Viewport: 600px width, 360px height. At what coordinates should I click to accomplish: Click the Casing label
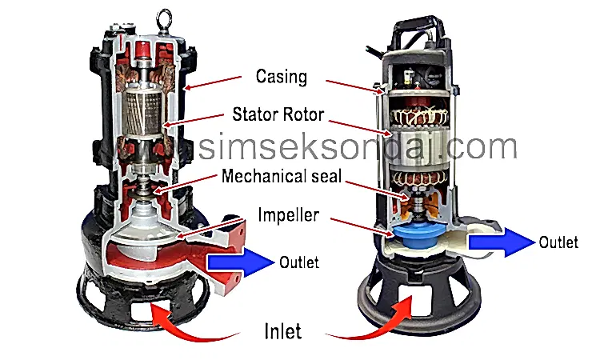pyautogui.click(x=282, y=77)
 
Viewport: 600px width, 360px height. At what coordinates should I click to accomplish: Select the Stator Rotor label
pyautogui.click(x=278, y=114)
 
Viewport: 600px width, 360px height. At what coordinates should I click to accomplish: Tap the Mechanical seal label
pyautogui.click(x=282, y=176)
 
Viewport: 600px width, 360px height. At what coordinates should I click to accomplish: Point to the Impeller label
pyautogui.click(x=289, y=215)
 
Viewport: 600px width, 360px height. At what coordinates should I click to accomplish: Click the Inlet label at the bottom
pyautogui.click(x=282, y=331)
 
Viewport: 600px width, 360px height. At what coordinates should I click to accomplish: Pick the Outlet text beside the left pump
pyautogui.click(x=299, y=262)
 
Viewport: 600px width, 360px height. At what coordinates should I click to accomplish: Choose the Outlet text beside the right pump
pyautogui.click(x=558, y=242)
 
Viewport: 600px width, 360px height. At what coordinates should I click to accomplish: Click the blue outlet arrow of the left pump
pyautogui.click(x=241, y=262)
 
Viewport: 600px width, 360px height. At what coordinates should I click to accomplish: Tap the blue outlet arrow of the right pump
pyautogui.click(x=502, y=242)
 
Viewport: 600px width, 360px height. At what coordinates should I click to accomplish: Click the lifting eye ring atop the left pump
pyautogui.click(x=164, y=18)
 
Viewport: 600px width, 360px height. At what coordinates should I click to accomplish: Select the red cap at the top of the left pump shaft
pyautogui.click(x=142, y=49)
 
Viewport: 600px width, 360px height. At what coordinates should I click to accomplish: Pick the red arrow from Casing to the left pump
pyautogui.click(x=212, y=82)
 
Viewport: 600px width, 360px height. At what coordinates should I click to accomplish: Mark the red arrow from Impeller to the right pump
pyautogui.click(x=362, y=227)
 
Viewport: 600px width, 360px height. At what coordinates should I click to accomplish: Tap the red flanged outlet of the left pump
pyautogui.click(x=226, y=256)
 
